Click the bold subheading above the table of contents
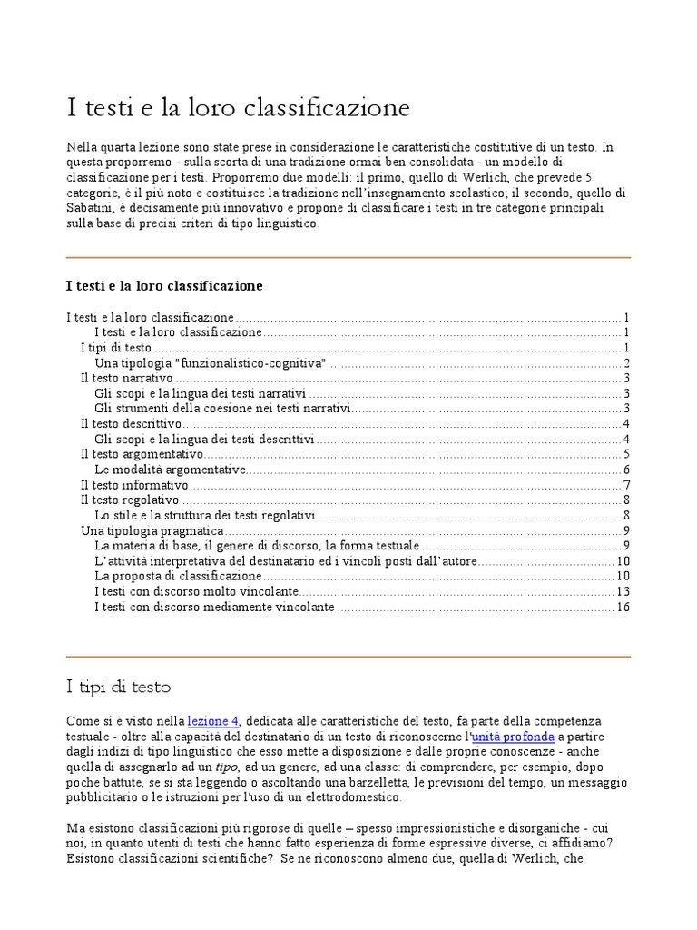164,285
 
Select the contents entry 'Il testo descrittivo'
131,424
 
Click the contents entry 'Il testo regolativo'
130,500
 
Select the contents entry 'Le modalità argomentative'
170,470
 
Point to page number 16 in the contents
623,607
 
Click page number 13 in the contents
623,591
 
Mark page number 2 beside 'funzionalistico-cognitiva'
626,363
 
